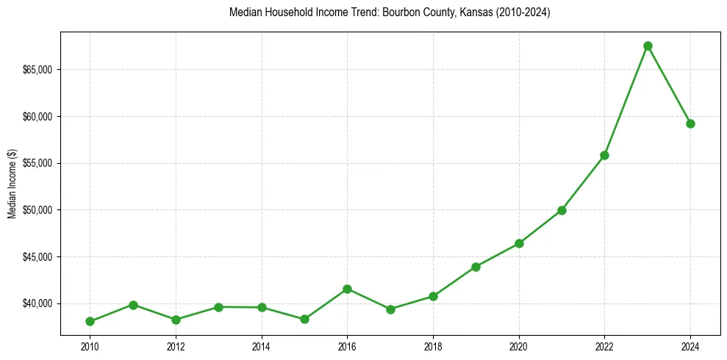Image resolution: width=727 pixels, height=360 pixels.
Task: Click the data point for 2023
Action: coord(648,46)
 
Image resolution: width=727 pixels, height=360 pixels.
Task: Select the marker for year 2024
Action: coord(690,123)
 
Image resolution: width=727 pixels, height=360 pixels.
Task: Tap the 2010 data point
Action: coord(90,321)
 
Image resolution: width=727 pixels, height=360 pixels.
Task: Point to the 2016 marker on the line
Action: coord(347,289)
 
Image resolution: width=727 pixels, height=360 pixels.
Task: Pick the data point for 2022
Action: coord(604,155)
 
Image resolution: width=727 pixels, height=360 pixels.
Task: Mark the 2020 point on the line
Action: coord(519,243)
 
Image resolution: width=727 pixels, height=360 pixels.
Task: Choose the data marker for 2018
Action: coord(433,296)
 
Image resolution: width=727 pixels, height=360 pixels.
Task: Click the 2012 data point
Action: coord(176,320)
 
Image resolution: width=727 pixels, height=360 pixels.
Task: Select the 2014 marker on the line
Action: coord(262,307)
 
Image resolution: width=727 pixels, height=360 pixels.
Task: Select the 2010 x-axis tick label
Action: coord(90,347)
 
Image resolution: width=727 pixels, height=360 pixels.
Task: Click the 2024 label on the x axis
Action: coord(690,347)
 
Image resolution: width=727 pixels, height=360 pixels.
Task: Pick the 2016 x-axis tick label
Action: coord(347,347)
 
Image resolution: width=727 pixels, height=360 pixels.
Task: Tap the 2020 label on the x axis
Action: coord(519,347)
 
